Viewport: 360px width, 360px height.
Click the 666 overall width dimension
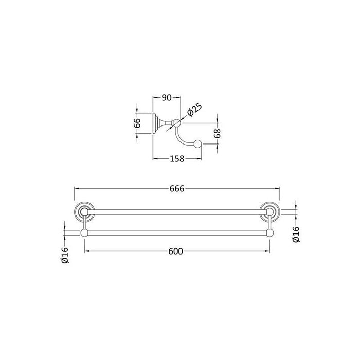pyautogui.click(x=177, y=189)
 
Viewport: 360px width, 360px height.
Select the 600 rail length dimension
pyautogui.click(x=176, y=251)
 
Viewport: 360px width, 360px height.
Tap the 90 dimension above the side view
pyautogui.click(x=167, y=98)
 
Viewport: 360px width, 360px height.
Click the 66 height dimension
pyautogui.click(x=137, y=123)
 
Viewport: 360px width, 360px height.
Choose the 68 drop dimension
pyautogui.click(x=217, y=133)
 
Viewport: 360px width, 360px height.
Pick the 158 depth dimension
pyautogui.click(x=177, y=158)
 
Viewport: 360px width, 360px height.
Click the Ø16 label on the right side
pyautogui.click(x=296, y=234)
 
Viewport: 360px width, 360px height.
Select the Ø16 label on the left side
pyautogui.click(x=65, y=255)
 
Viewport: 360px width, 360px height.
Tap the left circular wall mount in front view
pyautogui.click(x=84, y=211)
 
